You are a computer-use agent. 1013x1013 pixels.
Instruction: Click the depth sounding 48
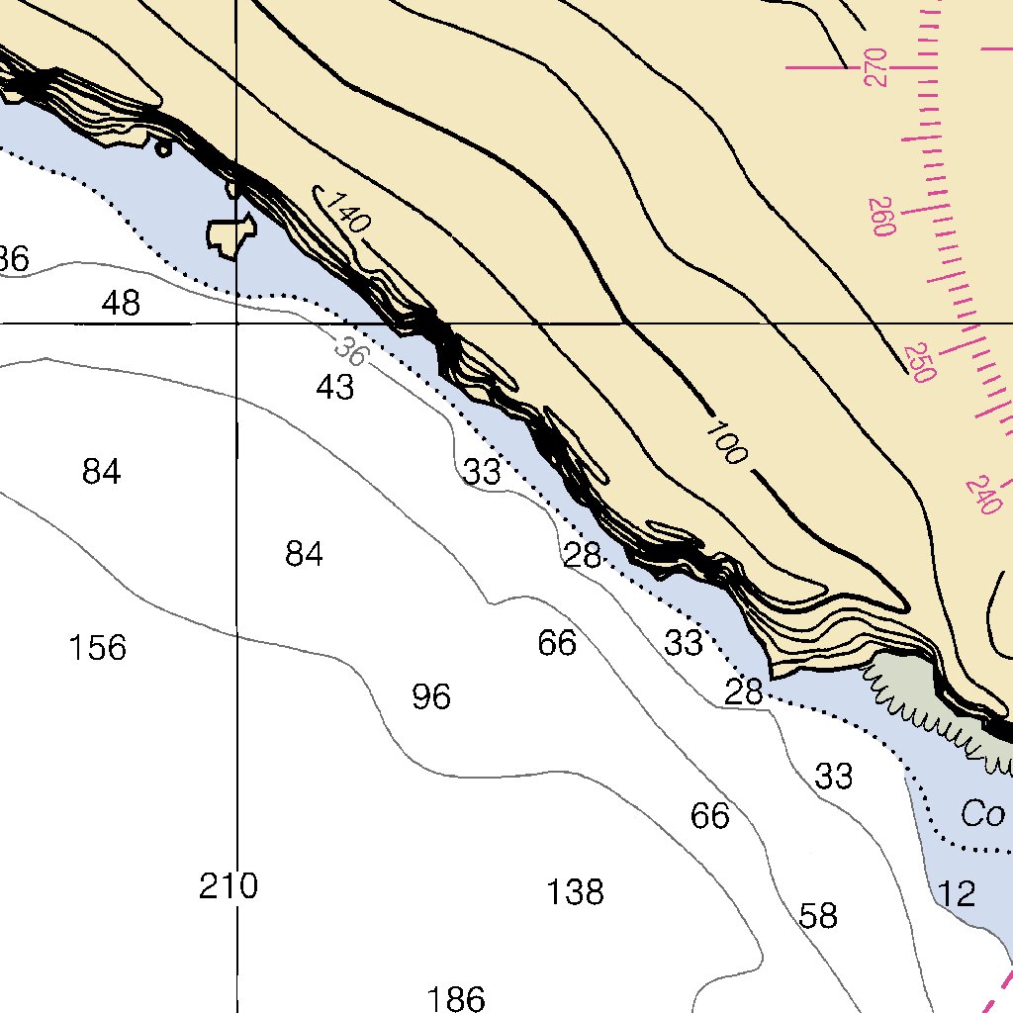click(121, 303)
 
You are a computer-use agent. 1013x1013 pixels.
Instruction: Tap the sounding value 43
click(335, 389)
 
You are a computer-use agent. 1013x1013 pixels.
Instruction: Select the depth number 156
click(98, 649)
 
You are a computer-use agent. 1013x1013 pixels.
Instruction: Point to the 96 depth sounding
click(431, 697)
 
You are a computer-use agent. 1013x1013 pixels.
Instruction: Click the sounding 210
click(229, 886)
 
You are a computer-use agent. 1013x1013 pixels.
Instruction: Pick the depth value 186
click(456, 998)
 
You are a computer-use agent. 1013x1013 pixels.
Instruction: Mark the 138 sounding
click(575, 892)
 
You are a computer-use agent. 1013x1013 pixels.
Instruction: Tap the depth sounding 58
click(818, 917)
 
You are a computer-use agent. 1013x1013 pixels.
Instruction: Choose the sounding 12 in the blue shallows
click(958, 895)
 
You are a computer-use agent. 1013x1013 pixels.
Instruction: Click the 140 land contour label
click(347, 212)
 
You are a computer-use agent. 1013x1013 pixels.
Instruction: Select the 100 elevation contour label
click(726, 442)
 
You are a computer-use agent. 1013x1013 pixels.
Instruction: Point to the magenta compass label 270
click(876, 67)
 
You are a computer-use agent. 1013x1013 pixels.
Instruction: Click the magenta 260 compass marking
click(881, 217)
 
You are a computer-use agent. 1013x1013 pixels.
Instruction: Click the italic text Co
click(982, 814)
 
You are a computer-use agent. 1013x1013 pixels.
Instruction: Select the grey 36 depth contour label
click(349, 350)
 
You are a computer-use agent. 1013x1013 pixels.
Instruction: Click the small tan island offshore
click(231, 234)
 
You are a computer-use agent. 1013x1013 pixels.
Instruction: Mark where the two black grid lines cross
click(236, 323)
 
